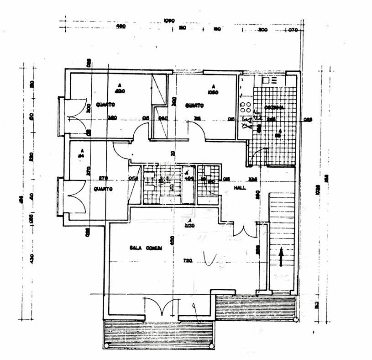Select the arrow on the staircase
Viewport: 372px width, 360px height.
click(x=281, y=256)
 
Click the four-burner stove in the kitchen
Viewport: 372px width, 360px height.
click(x=245, y=107)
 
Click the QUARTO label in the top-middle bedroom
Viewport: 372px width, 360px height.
click(x=194, y=106)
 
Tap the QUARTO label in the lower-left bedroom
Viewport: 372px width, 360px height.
click(x=103, y=189)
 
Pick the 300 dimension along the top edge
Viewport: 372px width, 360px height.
click(x=262, y=30)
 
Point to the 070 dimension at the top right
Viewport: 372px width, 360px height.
click(x=292, y=30)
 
